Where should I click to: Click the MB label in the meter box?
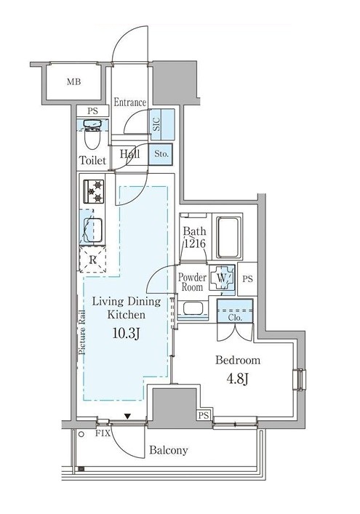click(73, 81)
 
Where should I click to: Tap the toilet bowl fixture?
click(92, 134)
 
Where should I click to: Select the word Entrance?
click(130, 103)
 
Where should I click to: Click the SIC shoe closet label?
click(156, 124)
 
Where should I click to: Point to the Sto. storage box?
click(160, 154)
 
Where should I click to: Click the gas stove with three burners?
click(94, 191)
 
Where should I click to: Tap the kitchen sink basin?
click(92, 230)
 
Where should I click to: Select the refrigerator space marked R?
click(93, 260)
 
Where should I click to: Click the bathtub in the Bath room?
click(228, 236)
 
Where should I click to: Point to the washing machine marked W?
click(223, 278)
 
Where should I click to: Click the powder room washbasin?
click(193, 308)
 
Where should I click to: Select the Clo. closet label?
click(235, 317)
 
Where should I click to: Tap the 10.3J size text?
click(127, 334)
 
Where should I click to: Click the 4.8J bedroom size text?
click(238, 379)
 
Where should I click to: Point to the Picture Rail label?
click(82, 332)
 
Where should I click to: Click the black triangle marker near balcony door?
click(127, 417)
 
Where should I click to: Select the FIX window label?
click(103, 433)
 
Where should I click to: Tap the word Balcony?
click(169, 450)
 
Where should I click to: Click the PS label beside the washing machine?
click(248, 279)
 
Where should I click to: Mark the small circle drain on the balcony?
click(81, 434)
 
